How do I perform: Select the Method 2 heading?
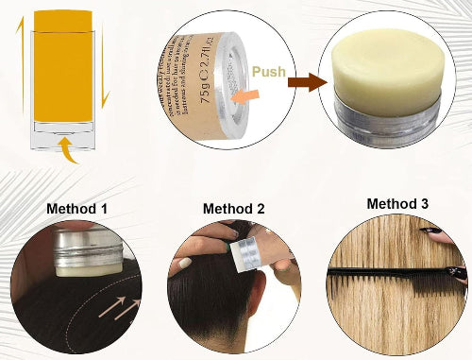point(235,208)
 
